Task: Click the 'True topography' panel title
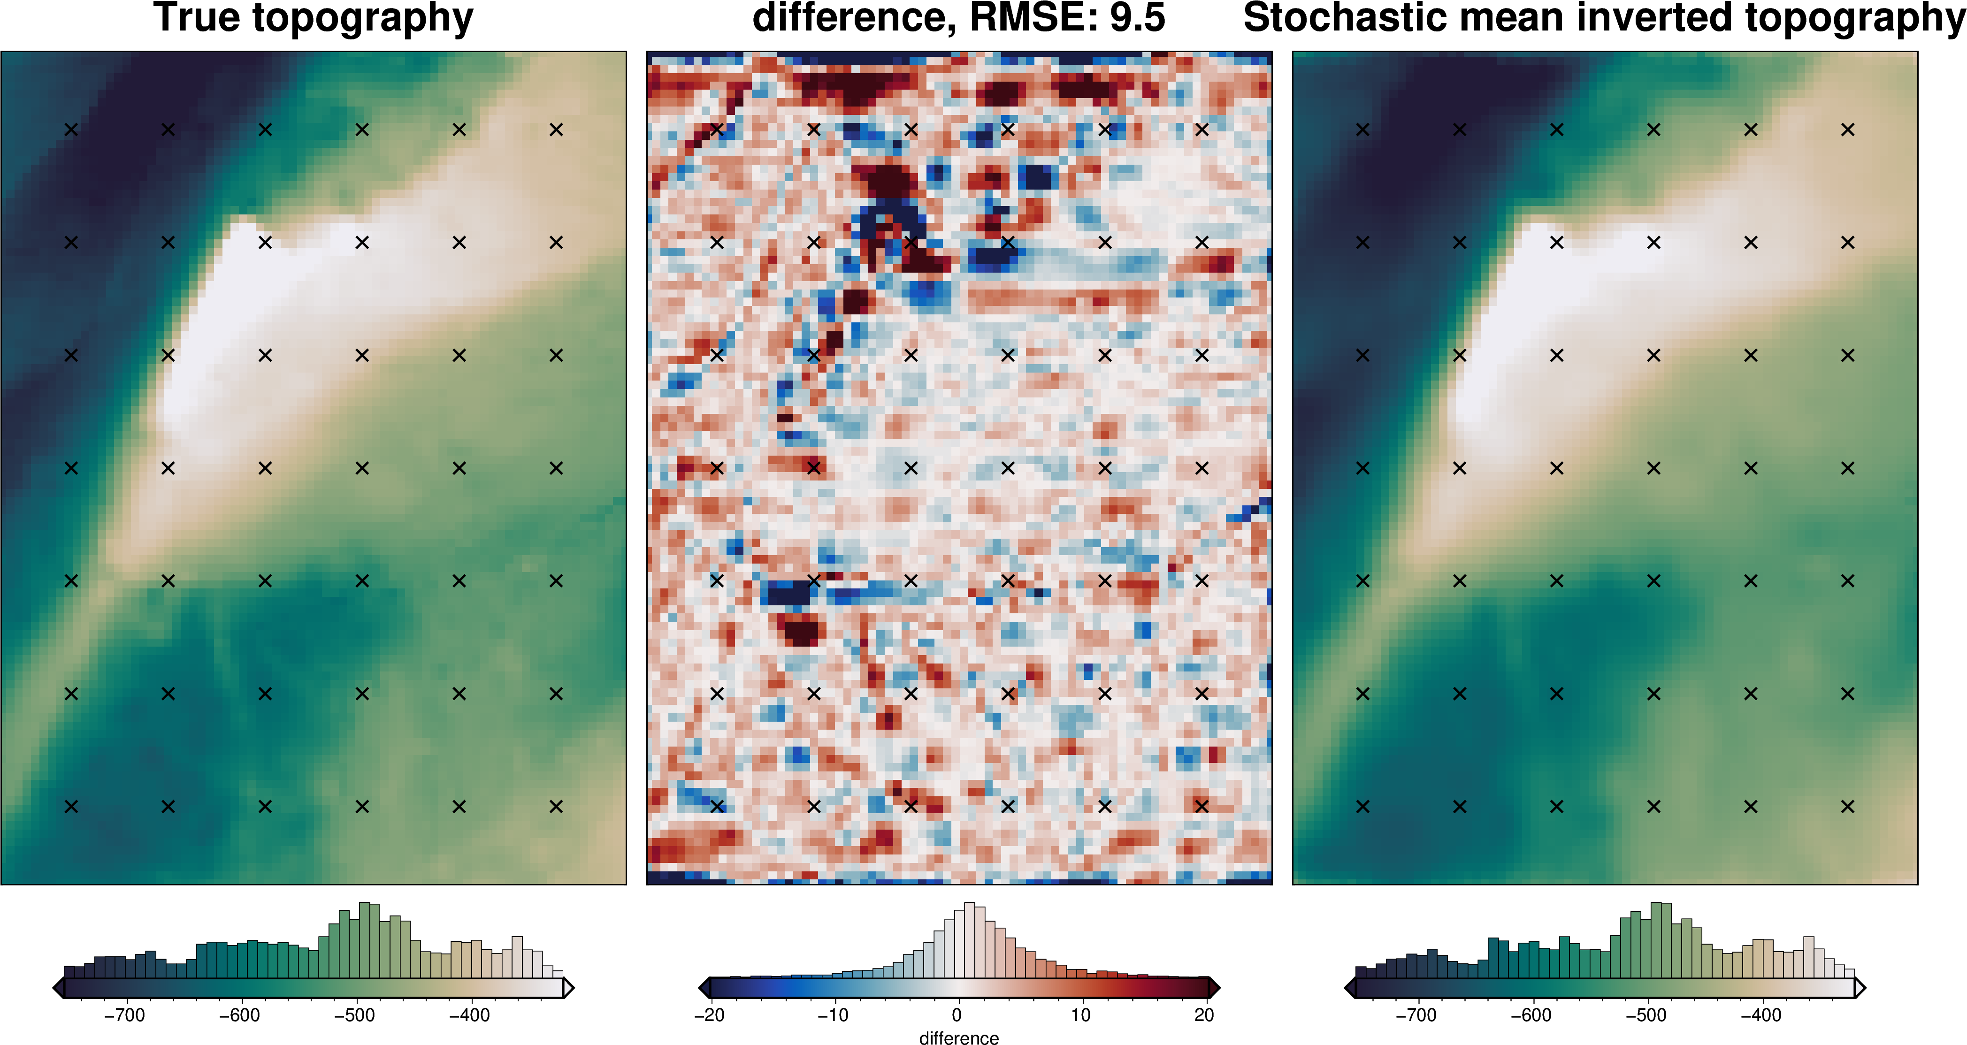pyautogui.click(x=313, y=18)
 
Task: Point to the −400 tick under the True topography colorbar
pyautogui.click(x=470, y=1015)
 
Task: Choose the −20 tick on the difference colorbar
pyautogui.click(x=709, y=1015)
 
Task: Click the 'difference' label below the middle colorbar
pyautogui.click(x=959, y=1037)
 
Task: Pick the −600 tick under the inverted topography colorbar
pyautogui.click(x=1531, y=1015)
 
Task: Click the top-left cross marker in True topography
pyautogui.click(x=71, y=130)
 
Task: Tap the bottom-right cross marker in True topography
pyautogui.click(x=556, y=806)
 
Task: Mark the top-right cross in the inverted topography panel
pyautogui.click(x=1848, y=130)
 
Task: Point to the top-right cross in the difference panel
pyautogui.click(x=1202, y=130)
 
